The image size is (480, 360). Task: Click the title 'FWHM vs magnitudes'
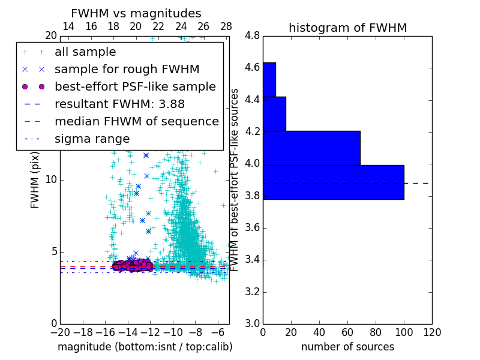136,13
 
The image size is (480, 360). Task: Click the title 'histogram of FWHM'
347,28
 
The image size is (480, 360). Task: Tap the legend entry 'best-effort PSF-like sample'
135,86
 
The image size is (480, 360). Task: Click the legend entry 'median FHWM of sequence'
137,121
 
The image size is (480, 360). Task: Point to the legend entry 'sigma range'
92,139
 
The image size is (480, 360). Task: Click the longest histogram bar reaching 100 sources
333,182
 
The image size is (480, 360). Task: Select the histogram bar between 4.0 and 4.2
311,148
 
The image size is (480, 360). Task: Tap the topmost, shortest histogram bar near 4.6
269,79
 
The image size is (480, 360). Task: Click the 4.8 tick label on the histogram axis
252,36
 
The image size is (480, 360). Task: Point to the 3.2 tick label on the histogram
252,292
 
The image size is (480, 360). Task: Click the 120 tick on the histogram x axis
432,332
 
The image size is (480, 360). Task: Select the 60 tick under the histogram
347,332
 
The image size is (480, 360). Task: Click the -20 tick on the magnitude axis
60,332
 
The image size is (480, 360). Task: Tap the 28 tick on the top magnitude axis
226,26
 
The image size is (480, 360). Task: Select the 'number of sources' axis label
347,347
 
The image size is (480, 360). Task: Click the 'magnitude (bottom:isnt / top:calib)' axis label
145,347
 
